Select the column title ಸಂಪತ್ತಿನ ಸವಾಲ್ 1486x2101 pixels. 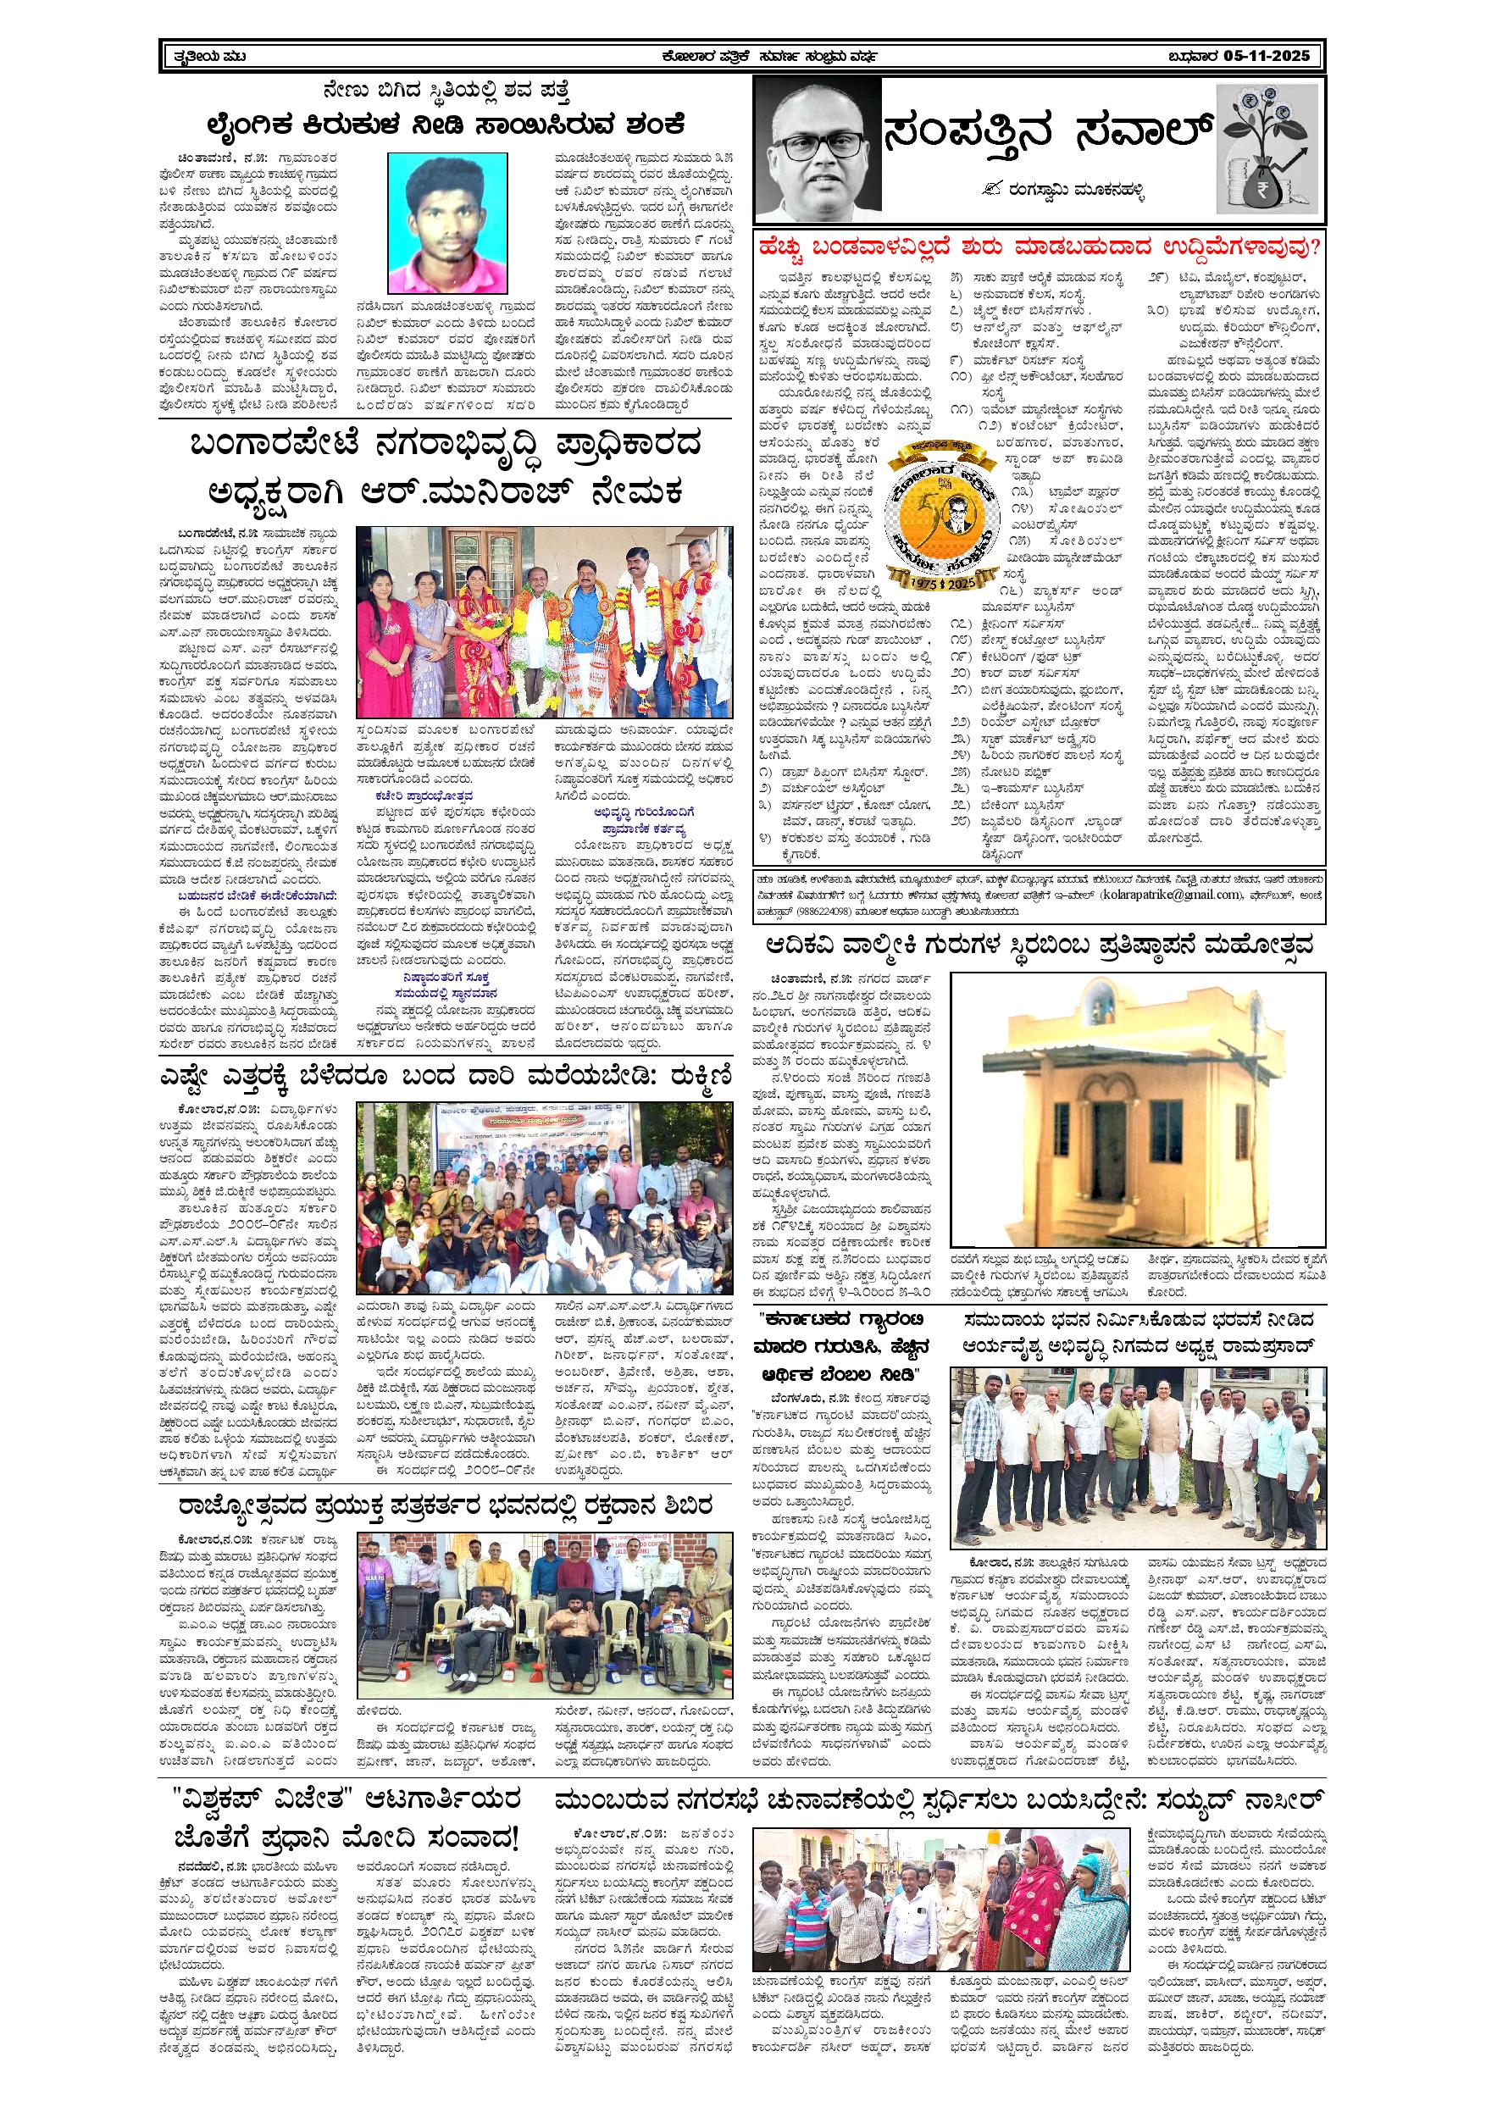[1048, 134]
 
